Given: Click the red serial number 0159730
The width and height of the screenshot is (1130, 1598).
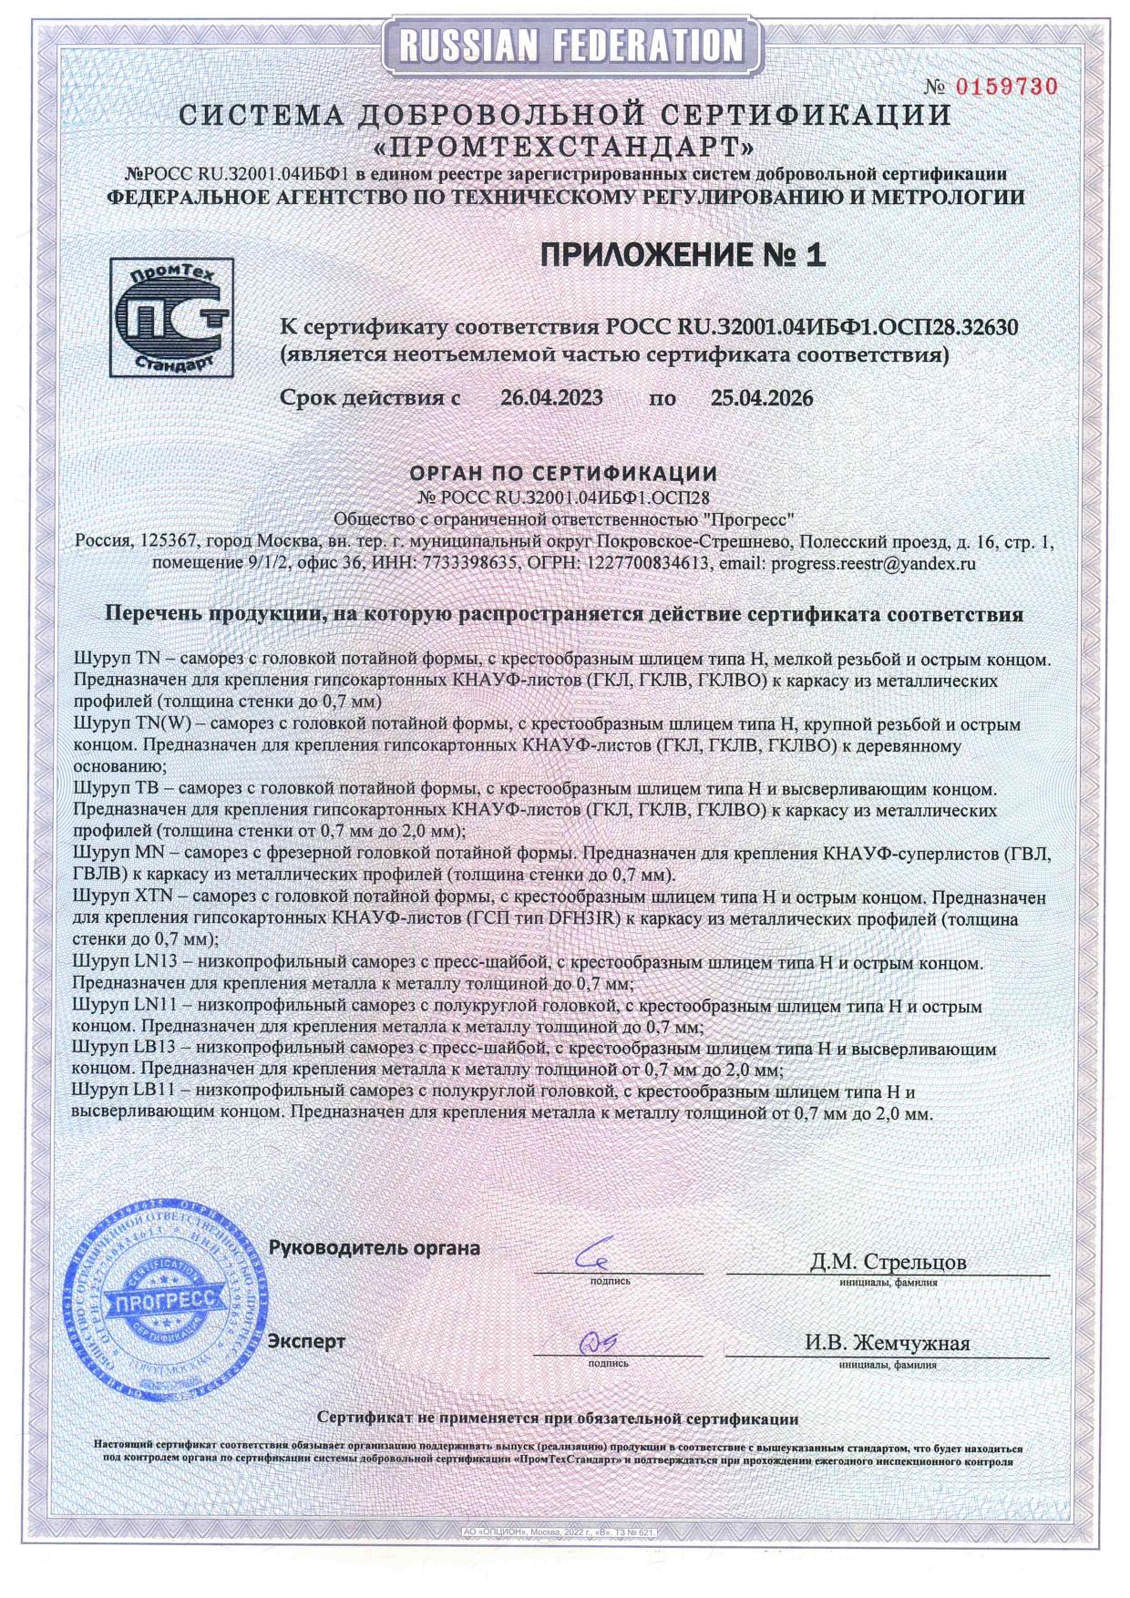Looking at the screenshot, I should pyautogui.click(x=1005, y=87).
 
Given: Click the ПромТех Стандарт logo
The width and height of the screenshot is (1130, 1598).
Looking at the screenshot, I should pyautogui.click(x=171, y=317).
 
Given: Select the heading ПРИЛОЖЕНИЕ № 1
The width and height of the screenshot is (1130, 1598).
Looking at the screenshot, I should pyautogui.click(x=683, y=256).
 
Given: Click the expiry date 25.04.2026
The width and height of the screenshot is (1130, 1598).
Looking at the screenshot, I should pyautogui.click(x=761, y=398).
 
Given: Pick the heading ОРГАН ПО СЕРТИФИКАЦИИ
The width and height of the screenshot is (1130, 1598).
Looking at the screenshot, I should pyautogui.click(x=563, y=474).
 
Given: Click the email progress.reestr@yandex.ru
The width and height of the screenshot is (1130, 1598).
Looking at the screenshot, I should pyautogui.click(x=873, y=563).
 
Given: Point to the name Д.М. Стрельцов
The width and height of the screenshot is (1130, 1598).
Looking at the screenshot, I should pyautogui.click(x=888, y=1262).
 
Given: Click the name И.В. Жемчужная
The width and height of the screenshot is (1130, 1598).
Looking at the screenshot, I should pyautogui.click(x=887, y=1343).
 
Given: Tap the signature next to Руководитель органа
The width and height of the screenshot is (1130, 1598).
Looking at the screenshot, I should pyautogui.click(x=598, y=1257).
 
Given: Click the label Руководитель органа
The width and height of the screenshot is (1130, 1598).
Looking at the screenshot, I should pyautogui.click(x=375, y=1248).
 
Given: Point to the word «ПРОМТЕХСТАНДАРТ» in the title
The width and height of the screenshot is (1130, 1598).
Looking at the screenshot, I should pyautogui.click(x=565, y=146).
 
